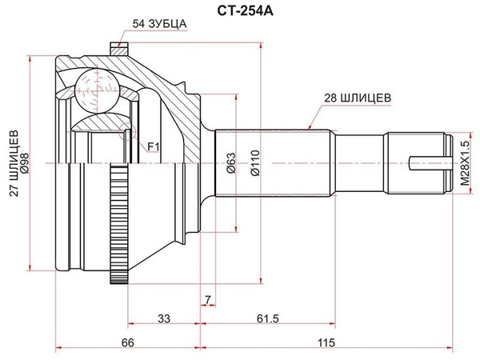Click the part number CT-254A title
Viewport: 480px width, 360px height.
click(x=246, y=11)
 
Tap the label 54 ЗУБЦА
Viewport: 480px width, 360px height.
click(x=159, y=24)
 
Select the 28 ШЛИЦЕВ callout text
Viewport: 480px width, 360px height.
click(x=358, y=98)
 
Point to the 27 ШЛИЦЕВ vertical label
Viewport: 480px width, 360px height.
click(x=14, y=163)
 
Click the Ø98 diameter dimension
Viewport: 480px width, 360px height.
click(x=25, y=163)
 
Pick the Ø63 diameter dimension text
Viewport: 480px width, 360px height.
click(x=232, y=163)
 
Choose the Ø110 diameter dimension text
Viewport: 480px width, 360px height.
click(x=254, y=163)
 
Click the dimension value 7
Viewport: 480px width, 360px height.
click(x=208, y=300)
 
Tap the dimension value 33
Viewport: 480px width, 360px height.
click(x=164, y=318)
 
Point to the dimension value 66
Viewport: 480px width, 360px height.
click(x=128, y=342)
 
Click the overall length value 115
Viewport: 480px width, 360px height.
click(x=326, y=342)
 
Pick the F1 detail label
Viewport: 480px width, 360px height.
click(x=154, y=147)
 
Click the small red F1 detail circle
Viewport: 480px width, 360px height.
click(x=126, y=131)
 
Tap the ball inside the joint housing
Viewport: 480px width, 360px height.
click(x=97, y=91)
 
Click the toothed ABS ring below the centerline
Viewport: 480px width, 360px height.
click(x=118, y=224)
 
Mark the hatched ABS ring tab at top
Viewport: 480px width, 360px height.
click(x=118, y=50)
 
